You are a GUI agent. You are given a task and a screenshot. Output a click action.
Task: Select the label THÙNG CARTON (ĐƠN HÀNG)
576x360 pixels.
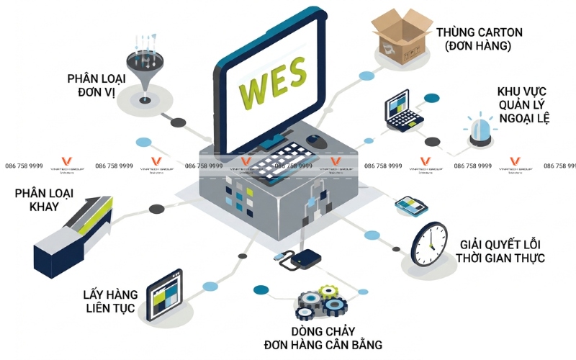478,40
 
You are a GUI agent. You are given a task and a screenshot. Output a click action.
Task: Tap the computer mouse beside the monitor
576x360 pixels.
315,140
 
